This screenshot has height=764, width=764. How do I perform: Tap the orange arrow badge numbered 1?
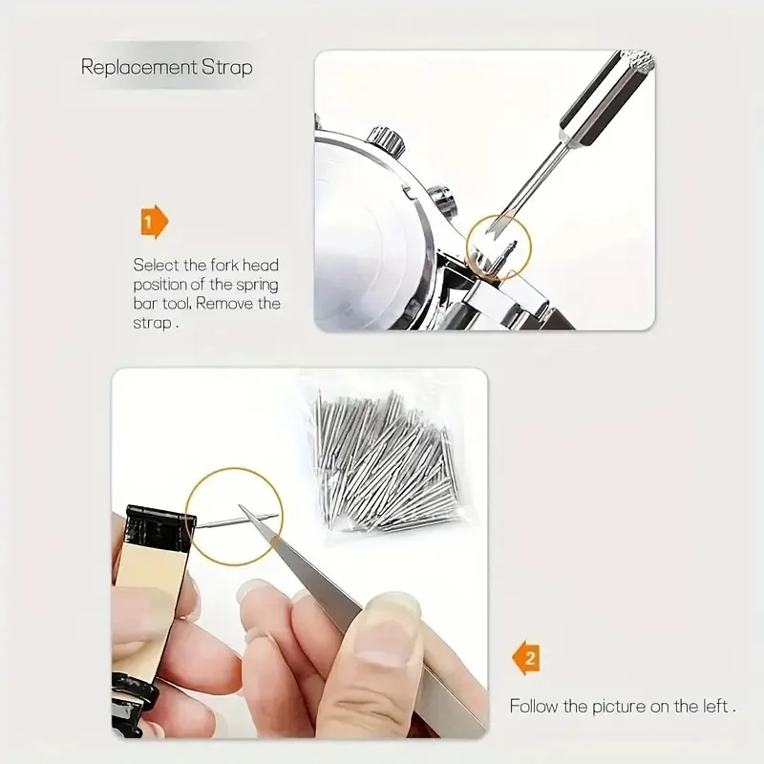click(154, 223)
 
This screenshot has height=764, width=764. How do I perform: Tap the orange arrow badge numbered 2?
click(525, 658)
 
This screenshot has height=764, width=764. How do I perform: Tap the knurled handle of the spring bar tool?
click(638, 65)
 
